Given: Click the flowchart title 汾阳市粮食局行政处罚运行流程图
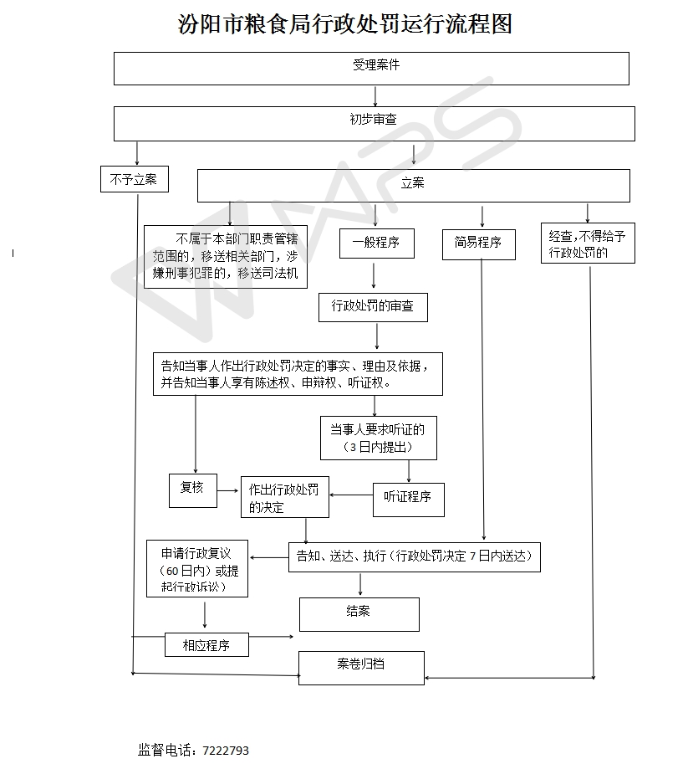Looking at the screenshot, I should pos(344,23).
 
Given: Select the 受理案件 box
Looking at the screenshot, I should pos(371,68).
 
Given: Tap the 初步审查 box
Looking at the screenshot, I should pos(374,123).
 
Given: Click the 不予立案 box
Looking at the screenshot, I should pos(134,179).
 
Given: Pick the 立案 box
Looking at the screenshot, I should pos(413,185).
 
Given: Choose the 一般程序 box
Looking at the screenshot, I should pos(375,244).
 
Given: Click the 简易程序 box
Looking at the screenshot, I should pos(478,244).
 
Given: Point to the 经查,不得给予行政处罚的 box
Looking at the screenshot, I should pos(587,244).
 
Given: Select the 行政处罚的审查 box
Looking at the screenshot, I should pos(373,306).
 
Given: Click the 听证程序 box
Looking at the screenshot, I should pos(408,499).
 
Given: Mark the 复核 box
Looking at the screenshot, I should pos(192,490).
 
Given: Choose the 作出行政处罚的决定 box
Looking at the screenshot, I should pos(284,499).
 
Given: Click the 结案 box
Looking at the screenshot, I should pos(359,613).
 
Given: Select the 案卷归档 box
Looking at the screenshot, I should pos(361,667).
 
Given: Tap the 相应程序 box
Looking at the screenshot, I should pos(206,645).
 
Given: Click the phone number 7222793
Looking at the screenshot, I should pos(226,751).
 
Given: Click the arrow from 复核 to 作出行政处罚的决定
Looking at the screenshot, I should pos(228,491).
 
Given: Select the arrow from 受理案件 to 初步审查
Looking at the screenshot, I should pos(375,96).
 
